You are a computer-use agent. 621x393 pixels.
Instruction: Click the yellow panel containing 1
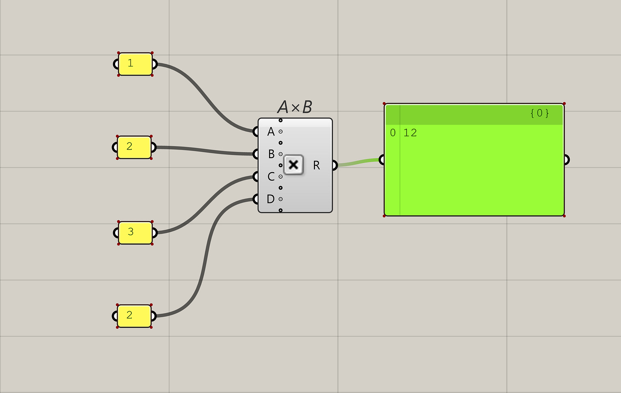[135, 64]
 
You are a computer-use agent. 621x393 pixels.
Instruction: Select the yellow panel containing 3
[135, 232]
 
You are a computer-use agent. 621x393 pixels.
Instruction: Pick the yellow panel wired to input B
[134, 147]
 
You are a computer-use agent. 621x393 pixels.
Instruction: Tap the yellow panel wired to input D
[134, 316]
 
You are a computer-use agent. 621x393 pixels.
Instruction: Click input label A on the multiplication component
[271, 132]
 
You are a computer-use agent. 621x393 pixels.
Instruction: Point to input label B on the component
[271, 154]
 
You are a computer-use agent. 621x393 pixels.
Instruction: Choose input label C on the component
[271, 176]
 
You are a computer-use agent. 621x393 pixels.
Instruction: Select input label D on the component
[270, 199]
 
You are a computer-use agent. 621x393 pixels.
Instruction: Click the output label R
[316, 165]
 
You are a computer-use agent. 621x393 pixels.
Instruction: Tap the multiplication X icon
[293, 165]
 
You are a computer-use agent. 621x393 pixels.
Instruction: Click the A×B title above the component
[295, 107]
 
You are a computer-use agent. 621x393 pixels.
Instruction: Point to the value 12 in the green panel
[410, 133]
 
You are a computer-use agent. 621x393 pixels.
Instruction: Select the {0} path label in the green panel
[540, 113]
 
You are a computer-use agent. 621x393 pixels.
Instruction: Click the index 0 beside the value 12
[393, 133]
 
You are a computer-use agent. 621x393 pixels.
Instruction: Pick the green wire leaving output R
[358, 162]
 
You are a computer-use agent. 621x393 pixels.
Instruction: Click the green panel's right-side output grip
[566, 160]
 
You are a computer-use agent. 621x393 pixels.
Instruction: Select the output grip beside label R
[335, 165]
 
